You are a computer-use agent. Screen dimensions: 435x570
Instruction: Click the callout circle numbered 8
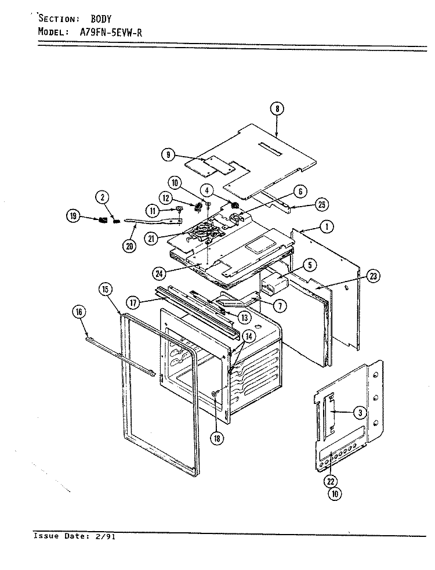coord(277,109)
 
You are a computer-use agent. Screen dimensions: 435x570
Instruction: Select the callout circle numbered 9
coord(168,155)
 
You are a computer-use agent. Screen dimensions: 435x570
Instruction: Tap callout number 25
coord(322,205)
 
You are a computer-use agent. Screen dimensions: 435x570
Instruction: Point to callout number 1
coord(327,227)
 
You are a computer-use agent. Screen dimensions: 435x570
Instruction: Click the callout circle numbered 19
coord(73,217)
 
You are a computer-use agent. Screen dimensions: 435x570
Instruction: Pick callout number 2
coord(103,197)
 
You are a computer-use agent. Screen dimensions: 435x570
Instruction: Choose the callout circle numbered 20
coord(129,246)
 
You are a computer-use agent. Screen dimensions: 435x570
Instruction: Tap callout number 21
coord(151,239)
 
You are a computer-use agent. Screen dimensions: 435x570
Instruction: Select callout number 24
coord(159,273)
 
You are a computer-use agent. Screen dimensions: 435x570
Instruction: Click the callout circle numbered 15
coord(105,290)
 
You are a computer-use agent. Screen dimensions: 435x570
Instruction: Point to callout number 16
coord(79,312)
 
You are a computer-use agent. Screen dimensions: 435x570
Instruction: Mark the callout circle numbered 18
coord(217,438)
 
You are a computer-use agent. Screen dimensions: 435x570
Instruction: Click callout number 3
coord(360,412)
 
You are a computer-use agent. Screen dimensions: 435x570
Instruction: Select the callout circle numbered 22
coord(331,481)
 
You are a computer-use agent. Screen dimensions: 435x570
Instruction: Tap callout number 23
coord(374,276)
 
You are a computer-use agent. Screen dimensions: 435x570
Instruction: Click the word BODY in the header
coord(101,19)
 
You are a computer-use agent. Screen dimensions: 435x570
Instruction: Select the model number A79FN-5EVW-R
coord(111,33)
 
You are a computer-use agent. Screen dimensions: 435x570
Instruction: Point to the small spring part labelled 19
coord(103,220)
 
